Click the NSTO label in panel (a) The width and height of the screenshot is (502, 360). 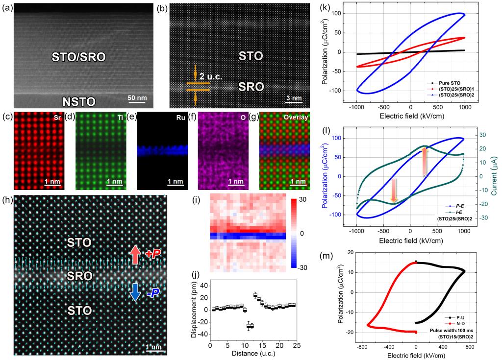pyautogui.click(x=78, y=101)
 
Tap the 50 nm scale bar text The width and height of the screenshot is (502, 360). pyautogui.click(x=137, y=97)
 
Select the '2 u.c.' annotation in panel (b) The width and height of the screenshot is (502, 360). pyautogui.click(x=211, y=76)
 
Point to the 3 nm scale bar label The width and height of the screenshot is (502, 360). pyautogui.click(x=294, y=98)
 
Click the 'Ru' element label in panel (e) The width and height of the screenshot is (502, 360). pyautogui.click(x=180, y=118)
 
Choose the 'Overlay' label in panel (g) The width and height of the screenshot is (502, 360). pyautogui.click(x=296, y=117)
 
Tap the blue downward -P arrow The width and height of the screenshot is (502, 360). pyautogui.click(x=135, y=292)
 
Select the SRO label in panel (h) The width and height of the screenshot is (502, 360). pyautogui.click(x=79, y=276)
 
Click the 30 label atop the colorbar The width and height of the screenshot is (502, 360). pyautogui.click(x=302, y=200)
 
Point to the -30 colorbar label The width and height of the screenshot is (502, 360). pyautogui.click(x=301, y=267)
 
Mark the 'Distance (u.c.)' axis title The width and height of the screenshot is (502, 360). pyautogui.click(x=253, y=353)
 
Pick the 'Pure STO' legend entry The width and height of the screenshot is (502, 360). pyautogui.click(x=450, y=83)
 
